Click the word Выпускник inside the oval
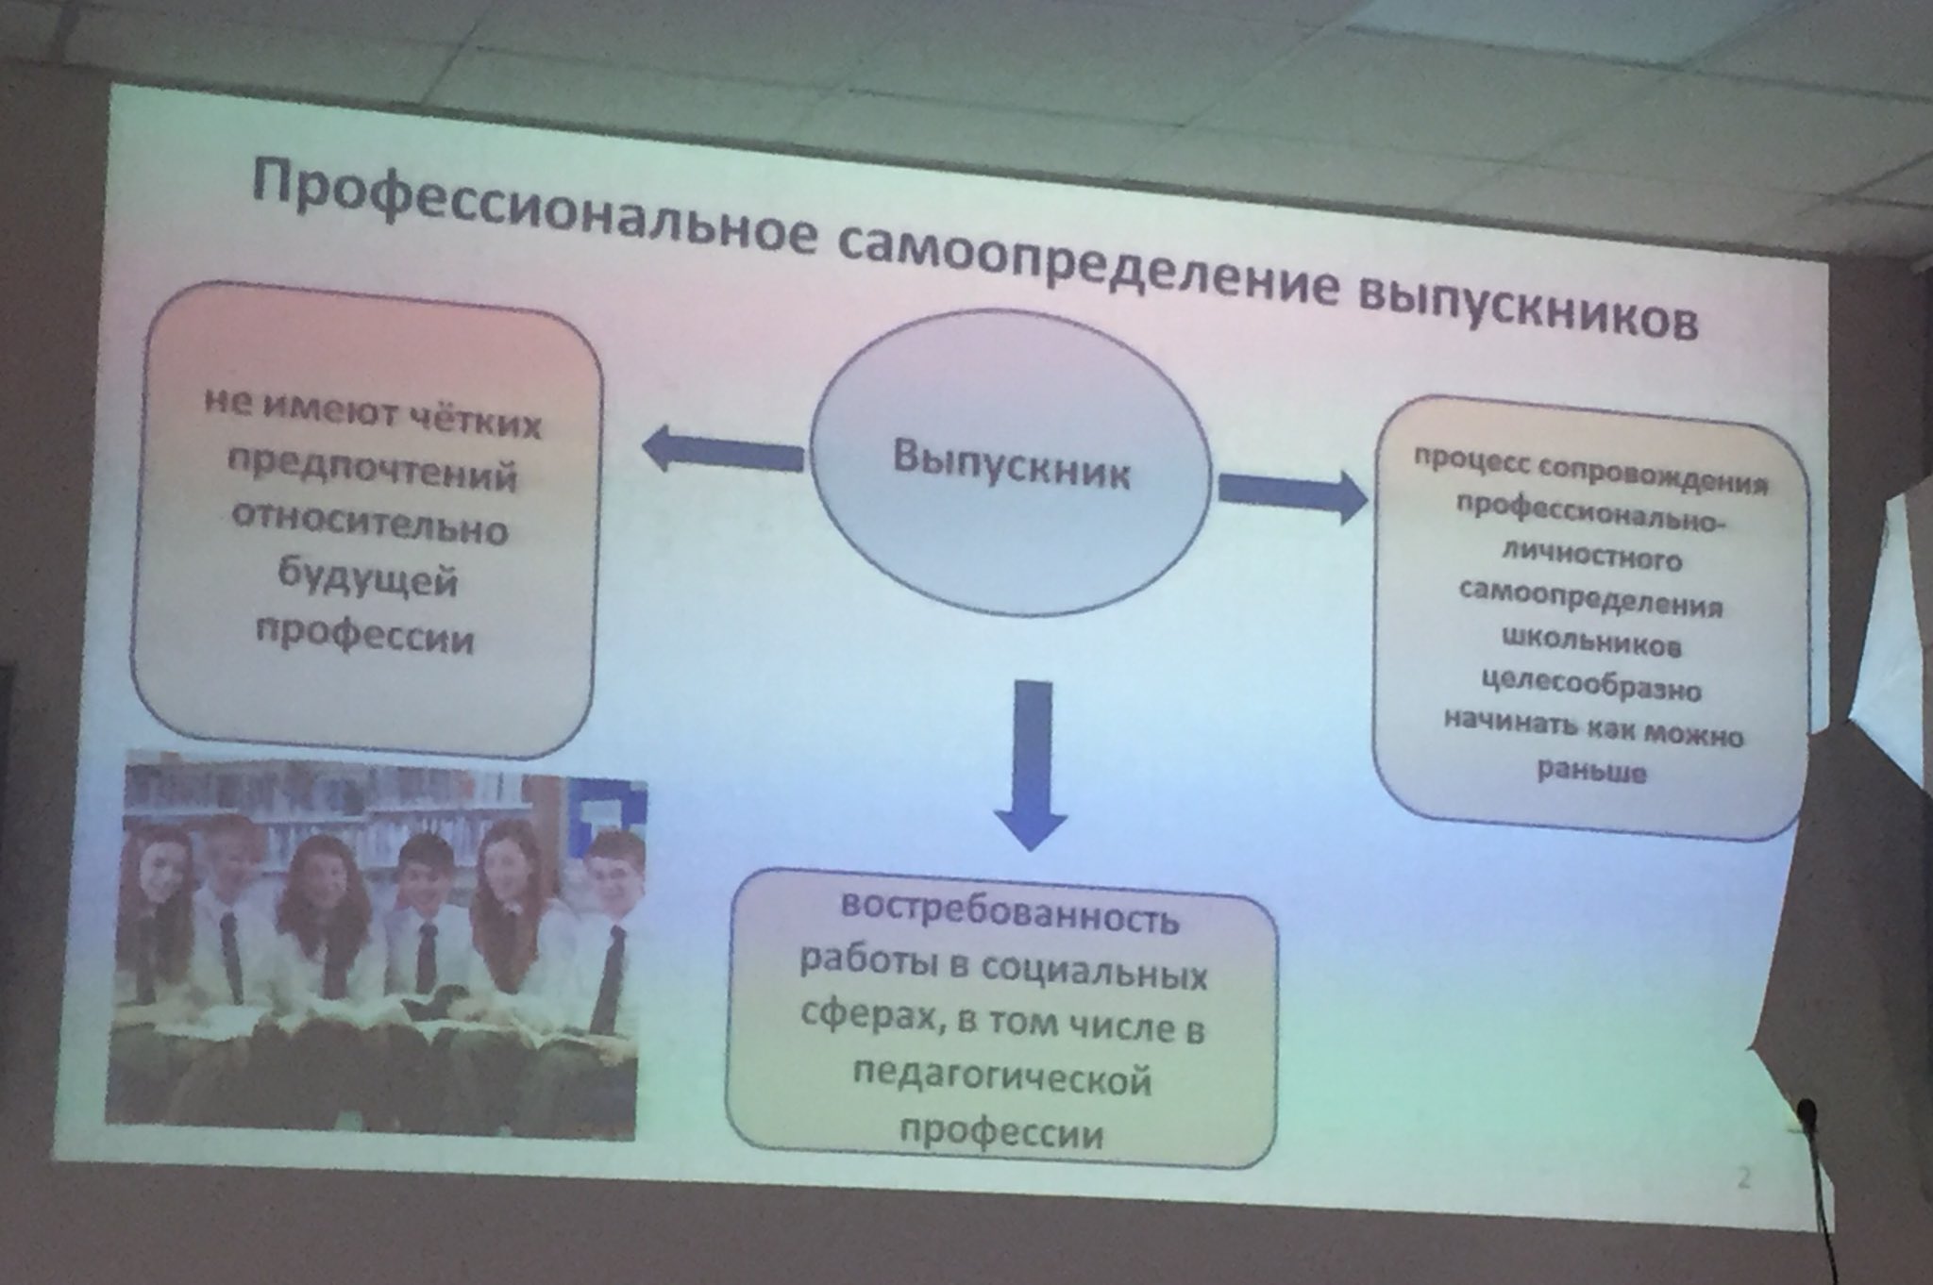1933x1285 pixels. click(1011, 466)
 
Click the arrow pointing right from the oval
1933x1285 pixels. click(1292, 492)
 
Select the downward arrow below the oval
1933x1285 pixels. click(1031, 765)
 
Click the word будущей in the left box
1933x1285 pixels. click(367, 578)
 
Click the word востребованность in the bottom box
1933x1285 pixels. click(1009, 912)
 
